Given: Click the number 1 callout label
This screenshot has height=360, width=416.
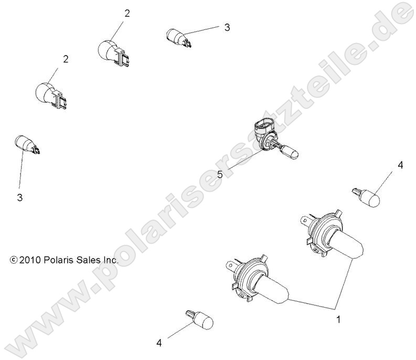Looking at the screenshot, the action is [338, 320].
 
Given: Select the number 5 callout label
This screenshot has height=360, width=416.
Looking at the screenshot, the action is [220, 174].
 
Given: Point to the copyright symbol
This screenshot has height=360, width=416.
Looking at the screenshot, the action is [13, 260].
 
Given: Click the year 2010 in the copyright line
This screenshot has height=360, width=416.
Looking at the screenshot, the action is [30, 260].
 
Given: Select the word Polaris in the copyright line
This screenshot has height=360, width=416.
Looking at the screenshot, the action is [58, 260].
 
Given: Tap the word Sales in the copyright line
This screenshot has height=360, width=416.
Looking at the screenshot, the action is [86, 260].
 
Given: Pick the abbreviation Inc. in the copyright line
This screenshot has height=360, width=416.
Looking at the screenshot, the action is [109, 260].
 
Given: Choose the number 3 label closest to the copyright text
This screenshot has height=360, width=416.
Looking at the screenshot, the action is [20, 198].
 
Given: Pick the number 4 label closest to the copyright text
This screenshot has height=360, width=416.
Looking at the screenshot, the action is [159, 343].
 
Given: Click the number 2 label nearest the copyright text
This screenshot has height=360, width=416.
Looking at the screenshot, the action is [66, 59].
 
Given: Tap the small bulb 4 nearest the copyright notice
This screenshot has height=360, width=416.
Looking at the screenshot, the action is [200, 320].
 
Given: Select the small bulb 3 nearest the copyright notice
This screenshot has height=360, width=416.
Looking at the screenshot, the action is [27, 145].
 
